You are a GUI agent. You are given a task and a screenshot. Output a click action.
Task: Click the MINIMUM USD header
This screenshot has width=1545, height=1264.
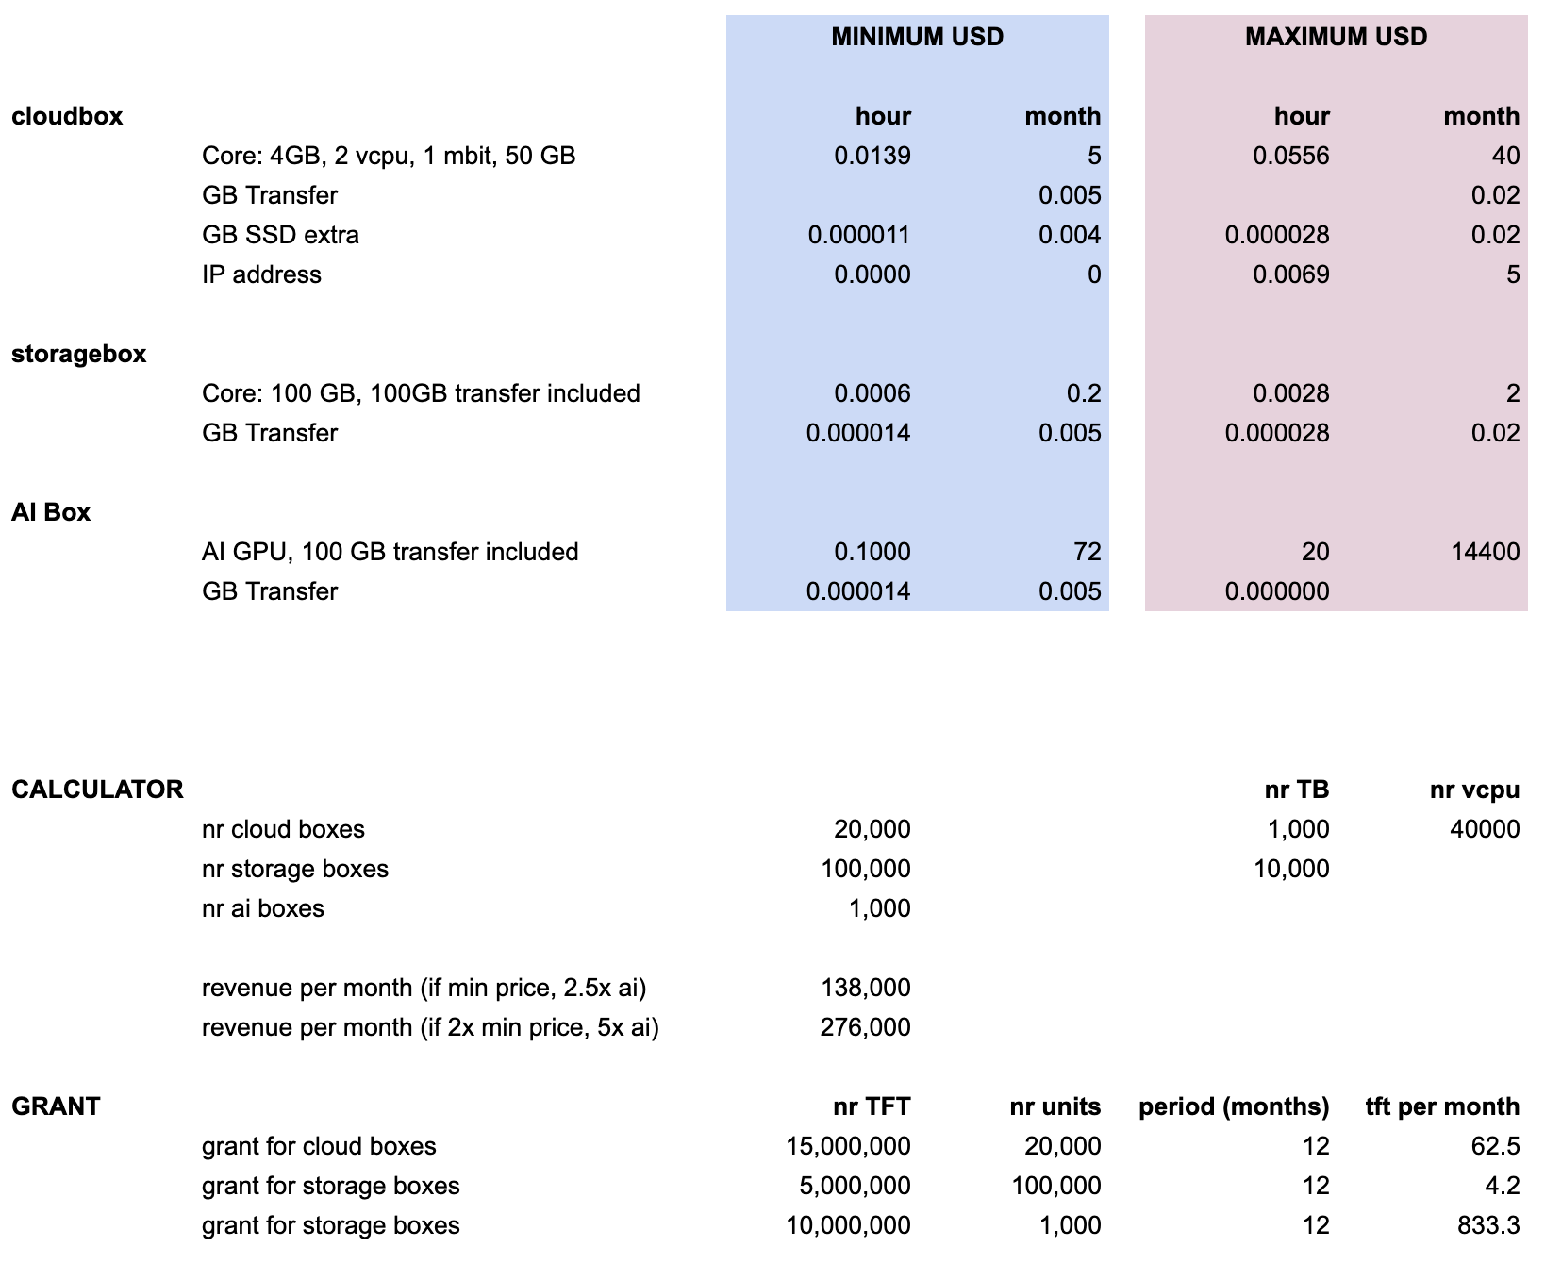click(x=917, y=37)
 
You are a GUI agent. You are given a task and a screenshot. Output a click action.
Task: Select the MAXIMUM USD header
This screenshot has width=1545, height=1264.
click(x=1336, y=37)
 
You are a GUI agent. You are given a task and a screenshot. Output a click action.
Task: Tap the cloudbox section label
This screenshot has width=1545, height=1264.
click(x=67, y=116)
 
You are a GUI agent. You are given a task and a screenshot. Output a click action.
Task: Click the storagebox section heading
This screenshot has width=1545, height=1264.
click(x=79, y=354)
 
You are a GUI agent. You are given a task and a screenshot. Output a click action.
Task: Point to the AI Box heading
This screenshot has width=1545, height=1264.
click(x=51, y=512)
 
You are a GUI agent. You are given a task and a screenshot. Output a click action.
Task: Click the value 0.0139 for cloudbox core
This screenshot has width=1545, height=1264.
click(x=872, y=156)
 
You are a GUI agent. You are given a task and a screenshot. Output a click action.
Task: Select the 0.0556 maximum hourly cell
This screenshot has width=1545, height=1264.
click(x=1291, y=156)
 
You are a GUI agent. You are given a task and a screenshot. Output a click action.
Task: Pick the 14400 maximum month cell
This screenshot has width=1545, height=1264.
click(x=1485, y=552)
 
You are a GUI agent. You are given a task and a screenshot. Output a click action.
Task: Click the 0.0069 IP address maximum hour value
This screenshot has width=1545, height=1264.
click(x=1291, y=274)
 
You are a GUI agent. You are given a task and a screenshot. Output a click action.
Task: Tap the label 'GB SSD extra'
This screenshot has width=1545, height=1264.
click(x=280, y=235)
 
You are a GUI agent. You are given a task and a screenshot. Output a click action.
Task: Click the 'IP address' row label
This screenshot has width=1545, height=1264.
click(x=261, y=274)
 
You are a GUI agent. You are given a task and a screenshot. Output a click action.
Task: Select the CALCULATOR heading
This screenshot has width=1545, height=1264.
click(x=97, y=790)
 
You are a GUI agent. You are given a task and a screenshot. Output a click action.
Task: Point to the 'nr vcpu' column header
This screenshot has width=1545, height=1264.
click(x=1474, y=790)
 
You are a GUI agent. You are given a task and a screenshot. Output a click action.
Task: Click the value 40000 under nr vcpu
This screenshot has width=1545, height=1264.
click(x=1485, y=829)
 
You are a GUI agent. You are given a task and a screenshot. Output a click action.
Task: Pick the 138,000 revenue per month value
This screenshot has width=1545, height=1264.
click(x=865, y=988)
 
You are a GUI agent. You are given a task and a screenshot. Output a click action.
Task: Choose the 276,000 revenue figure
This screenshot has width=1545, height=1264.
click(x=865, y=1027)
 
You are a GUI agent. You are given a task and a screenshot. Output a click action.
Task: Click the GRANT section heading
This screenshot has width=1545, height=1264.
click(x=56, y=1106)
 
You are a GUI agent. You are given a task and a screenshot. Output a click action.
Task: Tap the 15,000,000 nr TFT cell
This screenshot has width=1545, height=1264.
click(x=848, y=1146)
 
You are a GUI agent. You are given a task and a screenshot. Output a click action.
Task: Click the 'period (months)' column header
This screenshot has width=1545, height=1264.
click(x=1234, y=1106)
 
